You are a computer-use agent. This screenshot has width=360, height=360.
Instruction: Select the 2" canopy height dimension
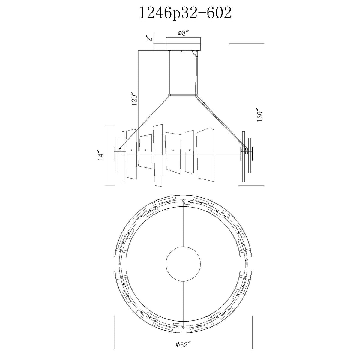click(x=150, y=39)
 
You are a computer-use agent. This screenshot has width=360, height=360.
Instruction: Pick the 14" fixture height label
click(x=101, y=155)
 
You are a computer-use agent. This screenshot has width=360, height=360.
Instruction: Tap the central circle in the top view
click(x=183, y=264)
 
